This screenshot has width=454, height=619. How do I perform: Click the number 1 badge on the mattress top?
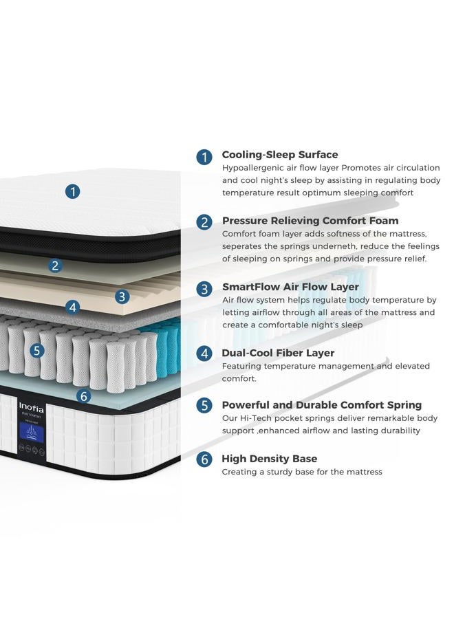pos(72,192)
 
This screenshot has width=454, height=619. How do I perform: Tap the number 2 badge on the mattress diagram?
pos(55,265)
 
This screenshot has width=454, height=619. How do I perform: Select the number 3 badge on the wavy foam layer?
pos(122,296)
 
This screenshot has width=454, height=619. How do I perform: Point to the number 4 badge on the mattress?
pos(73,307)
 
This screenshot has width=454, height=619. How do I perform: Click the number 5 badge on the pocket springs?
pos(36,350)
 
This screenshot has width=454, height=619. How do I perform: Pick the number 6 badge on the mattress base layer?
pos(84,395)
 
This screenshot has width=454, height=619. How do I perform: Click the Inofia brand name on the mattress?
pos(31,407)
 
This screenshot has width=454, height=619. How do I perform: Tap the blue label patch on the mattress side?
pos(32,433)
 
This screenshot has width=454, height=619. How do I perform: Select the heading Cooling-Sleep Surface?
pos(280,155)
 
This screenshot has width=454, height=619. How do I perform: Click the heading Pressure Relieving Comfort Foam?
pos(310,221)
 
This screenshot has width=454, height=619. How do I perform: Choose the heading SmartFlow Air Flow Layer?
pos(290,287)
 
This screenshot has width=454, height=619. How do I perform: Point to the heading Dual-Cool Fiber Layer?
pos(278,353)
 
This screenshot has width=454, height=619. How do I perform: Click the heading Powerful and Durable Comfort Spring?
pos(322,405)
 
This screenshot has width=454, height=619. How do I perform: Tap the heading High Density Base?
pos(269,459)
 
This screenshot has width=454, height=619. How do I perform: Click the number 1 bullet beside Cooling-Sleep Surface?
pos(204,157)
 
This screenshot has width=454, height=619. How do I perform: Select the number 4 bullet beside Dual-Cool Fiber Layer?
pos(204,354)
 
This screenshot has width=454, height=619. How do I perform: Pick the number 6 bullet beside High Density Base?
pos(204,459)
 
